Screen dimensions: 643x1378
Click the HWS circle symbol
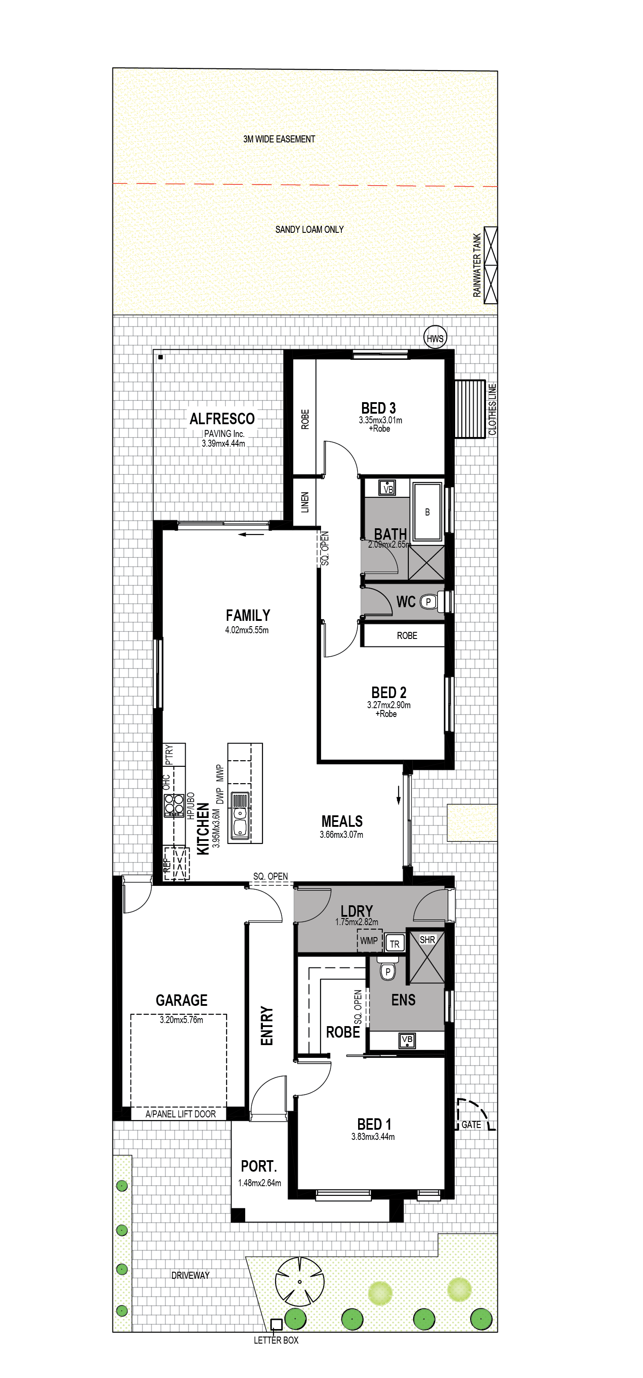435,338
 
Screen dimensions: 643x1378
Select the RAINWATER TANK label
477,265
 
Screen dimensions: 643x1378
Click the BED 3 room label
378,408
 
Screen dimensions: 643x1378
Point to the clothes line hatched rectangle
470,409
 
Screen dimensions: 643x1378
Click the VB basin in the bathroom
387,488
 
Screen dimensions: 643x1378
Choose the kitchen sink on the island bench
240,815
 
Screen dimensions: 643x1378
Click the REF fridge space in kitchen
176,863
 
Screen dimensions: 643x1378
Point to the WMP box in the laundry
369,941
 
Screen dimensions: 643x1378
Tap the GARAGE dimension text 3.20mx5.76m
181,1019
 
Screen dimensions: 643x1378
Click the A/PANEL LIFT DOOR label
181,1114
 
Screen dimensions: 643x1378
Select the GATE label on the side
471,1124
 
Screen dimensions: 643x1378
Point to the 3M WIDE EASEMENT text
279,139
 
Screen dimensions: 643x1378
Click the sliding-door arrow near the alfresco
251,534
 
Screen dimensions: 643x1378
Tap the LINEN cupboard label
305,502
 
